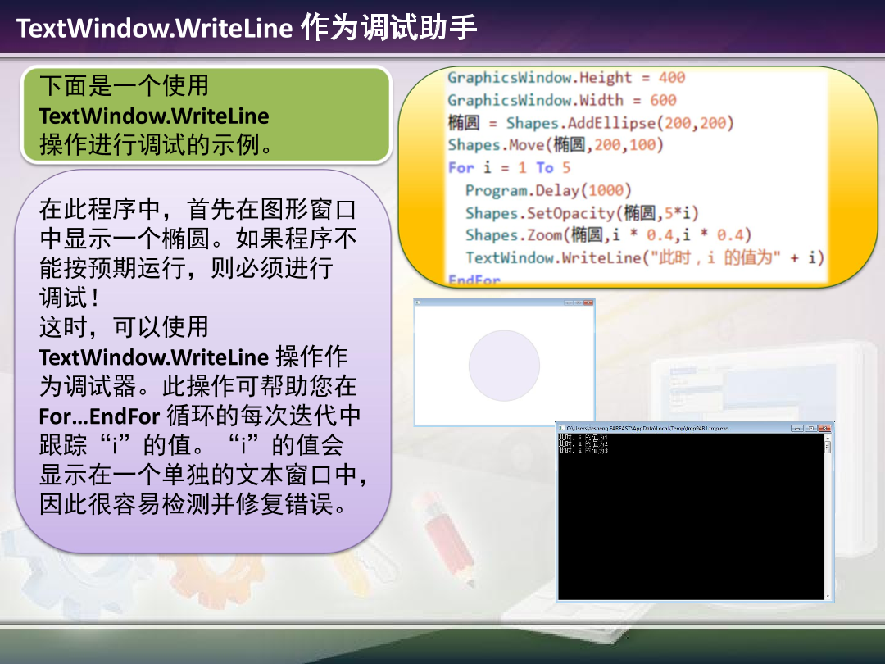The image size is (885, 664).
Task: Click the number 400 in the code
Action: tap(672, 78)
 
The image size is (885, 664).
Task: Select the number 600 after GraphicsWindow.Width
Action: tap(663, 100)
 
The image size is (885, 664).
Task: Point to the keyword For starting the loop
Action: tap(461, 167)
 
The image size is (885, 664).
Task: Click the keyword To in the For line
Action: tap(545, 167)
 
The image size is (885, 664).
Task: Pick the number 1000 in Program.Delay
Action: tap(606, 190)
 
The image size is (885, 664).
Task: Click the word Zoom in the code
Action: tap(544, 235)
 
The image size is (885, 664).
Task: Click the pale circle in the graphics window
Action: tap(504, 366)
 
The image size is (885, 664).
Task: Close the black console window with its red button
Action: tap(825, 428)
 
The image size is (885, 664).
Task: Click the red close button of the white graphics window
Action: tap(588, 302)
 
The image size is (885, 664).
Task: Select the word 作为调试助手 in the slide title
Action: tap(389, 28)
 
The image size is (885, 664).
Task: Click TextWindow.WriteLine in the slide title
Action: tap(154, 28)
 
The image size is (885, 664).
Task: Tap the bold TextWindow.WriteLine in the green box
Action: tap(154, 116)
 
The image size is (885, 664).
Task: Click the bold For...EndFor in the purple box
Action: tap(99, 416)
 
